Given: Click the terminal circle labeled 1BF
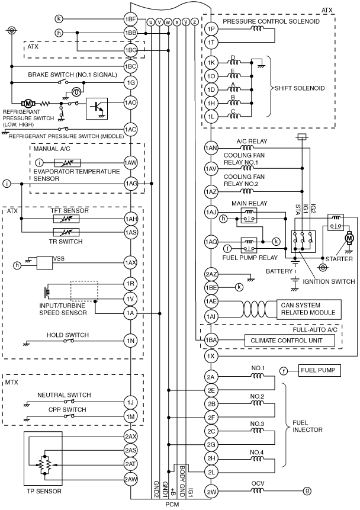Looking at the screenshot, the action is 130,19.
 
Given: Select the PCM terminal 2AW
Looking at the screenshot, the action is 130,479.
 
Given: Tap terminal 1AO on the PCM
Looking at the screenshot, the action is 130,103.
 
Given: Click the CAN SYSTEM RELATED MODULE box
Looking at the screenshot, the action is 308,309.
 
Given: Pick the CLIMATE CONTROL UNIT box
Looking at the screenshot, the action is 290,341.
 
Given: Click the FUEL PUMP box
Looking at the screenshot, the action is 319,370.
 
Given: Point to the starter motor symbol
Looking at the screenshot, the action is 350,239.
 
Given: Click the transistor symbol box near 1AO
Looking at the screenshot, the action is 97,108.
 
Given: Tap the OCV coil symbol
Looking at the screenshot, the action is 258,491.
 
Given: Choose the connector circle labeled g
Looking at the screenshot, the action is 306,491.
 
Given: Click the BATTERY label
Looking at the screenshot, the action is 279,271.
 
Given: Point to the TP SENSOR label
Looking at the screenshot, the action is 44,491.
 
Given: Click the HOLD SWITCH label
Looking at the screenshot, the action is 67,335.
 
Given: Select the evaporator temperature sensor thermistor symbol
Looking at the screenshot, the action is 67,163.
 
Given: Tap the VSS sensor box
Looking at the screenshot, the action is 45,263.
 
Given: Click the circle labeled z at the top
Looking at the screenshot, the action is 194,22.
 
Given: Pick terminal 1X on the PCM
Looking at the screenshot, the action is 211,356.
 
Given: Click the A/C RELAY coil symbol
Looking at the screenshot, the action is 247,147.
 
